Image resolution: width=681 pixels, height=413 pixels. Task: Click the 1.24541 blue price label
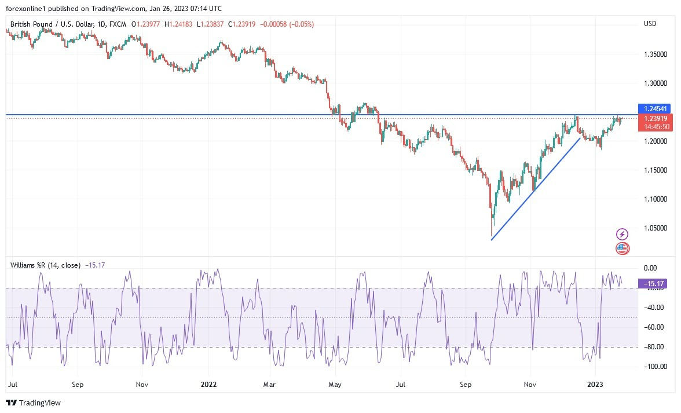654,108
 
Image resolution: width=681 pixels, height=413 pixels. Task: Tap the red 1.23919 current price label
654,119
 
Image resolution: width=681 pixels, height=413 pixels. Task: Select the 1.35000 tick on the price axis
654,54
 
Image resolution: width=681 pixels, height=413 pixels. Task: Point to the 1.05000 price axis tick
654,228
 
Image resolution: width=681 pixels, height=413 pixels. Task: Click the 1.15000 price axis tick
654,170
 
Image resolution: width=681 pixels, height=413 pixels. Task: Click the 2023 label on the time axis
596,384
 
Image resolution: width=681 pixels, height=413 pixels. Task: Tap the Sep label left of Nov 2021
78,384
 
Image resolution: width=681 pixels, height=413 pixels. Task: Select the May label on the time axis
334,384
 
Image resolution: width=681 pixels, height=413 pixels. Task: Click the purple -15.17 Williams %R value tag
654,283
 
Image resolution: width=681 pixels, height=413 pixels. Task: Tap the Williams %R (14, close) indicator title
46,265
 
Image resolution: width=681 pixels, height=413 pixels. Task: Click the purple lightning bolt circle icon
621,234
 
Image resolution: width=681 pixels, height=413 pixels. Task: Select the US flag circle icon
621,248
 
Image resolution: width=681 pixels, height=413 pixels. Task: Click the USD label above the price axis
650,24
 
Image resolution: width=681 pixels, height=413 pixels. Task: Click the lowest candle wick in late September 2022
491,235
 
